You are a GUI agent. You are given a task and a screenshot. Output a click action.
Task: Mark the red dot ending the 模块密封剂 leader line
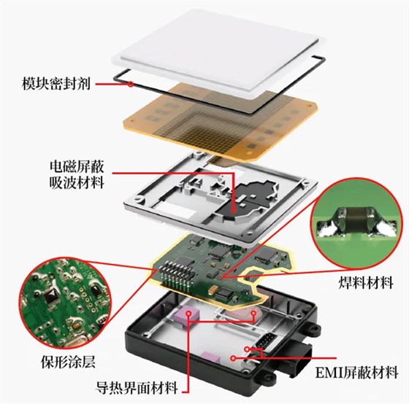130,85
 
